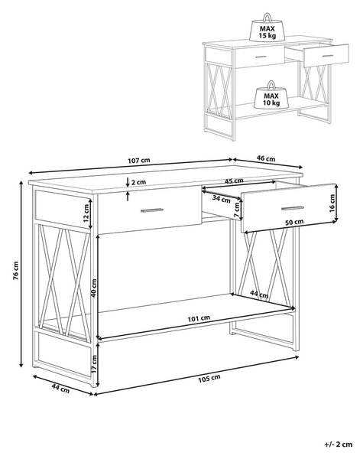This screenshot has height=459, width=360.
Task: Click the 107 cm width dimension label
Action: tap(139, 161)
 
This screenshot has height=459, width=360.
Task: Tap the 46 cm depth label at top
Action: tap(266, 158)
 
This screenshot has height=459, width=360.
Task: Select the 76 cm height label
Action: tap(16, 271)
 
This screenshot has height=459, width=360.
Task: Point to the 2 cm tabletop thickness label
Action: tap(138, 182)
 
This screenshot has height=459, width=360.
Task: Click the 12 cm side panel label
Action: tap(86, 213)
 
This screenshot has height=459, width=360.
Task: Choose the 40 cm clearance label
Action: tap(93, 288)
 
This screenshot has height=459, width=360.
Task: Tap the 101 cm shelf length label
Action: tap(199, 318)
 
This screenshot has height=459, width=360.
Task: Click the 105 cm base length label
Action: tap(209, 379)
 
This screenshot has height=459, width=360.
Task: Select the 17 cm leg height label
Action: tap(94, 364)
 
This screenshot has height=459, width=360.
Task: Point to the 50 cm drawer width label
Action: tap(294, 222)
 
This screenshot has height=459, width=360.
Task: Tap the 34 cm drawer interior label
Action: tap(221, 199)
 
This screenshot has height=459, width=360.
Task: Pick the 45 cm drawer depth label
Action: tap(234, 181)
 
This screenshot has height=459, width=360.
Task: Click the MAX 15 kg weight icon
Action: tap(267, 28)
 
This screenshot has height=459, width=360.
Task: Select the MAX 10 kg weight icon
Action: tap(271, 95)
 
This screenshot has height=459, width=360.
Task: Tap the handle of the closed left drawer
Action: tap(152, 210)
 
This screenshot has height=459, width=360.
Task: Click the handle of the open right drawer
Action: tap(293, 208)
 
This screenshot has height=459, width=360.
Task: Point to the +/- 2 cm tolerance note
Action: tap(339, 444)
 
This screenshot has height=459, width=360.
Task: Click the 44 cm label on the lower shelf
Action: tap(259, 295)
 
